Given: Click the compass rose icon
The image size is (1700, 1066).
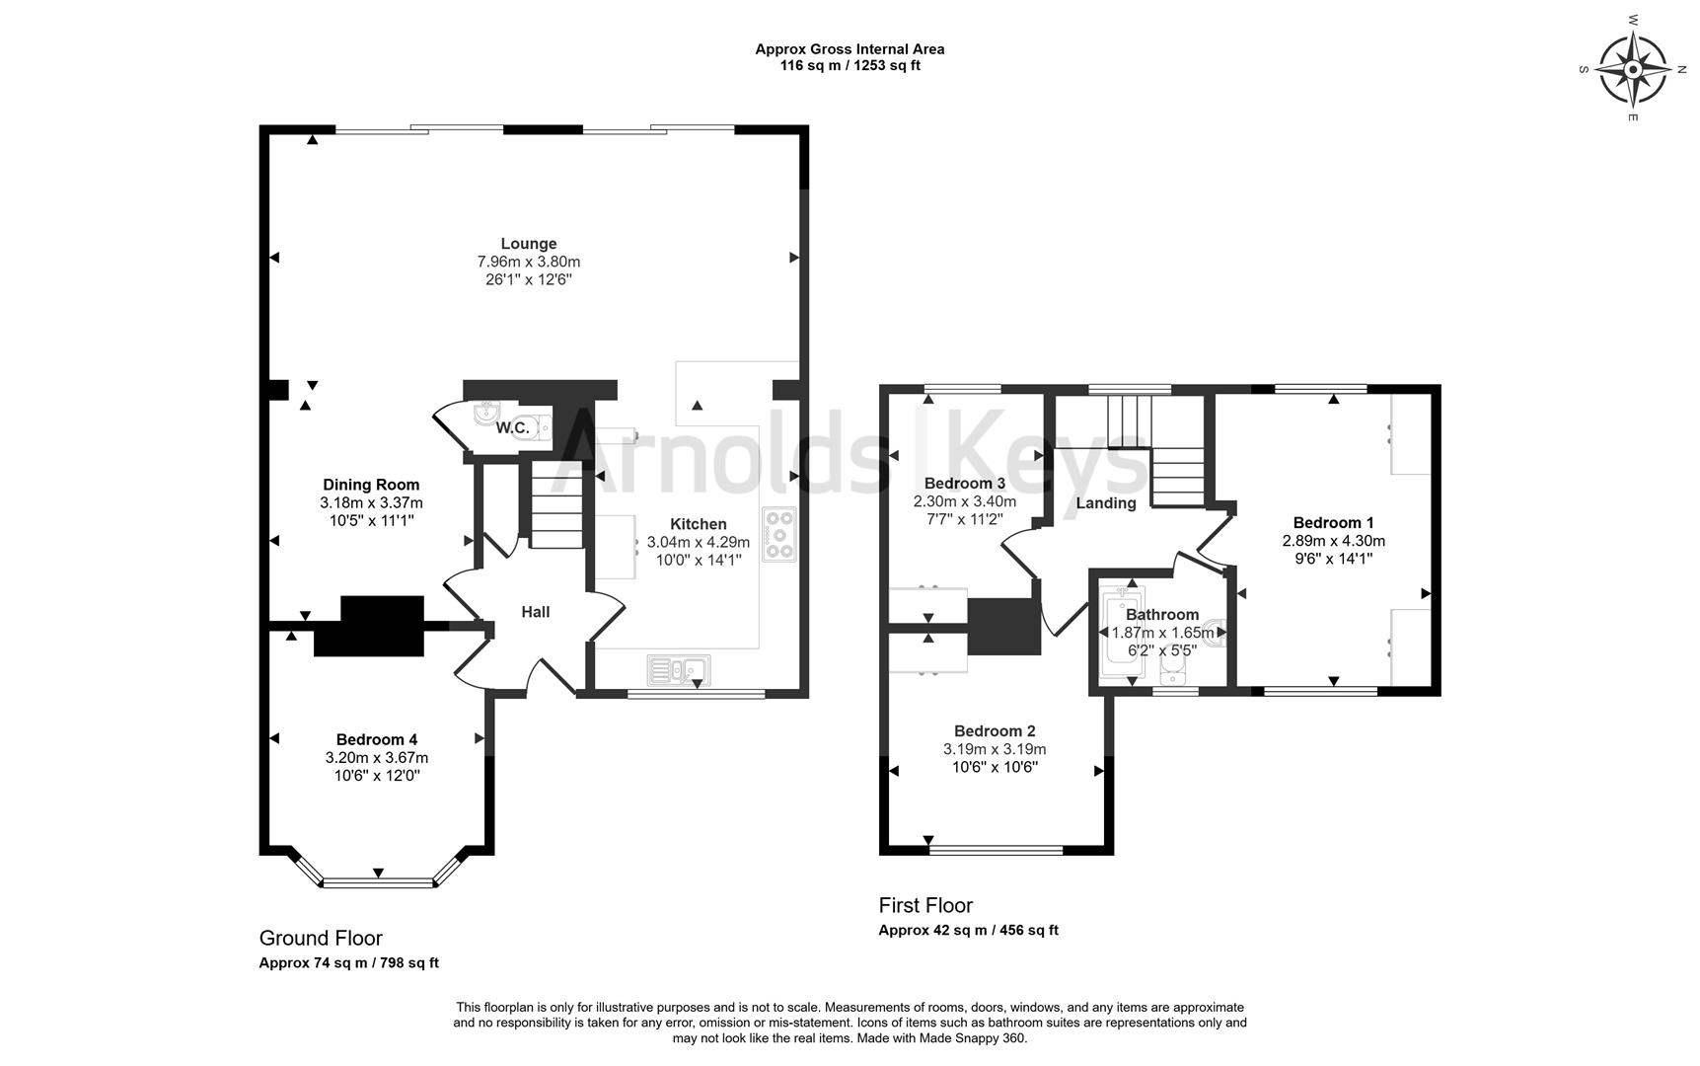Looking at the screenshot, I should coord(1633,70).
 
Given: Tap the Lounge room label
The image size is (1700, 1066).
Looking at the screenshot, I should coord(529,244).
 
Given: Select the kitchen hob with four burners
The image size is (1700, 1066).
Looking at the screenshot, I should coord(779,534).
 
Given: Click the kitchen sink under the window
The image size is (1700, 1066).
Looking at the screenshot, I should coord(679,670).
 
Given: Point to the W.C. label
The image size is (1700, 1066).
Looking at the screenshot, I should coord(513,427).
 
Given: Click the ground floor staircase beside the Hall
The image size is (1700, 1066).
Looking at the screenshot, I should coord(557,506).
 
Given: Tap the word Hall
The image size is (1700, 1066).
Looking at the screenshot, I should coord(536,612).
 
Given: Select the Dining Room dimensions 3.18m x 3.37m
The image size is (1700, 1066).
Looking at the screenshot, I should coord(371,502).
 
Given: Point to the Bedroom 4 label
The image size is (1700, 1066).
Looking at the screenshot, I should coord(377,739).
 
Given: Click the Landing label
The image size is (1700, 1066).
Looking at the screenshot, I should coord(1106,502).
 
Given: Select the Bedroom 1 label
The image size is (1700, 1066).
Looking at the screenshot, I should coord(1334,522).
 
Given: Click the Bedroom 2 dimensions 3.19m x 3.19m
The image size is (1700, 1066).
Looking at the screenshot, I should coord(995,749).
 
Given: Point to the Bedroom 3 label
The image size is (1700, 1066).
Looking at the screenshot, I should coord(965,483).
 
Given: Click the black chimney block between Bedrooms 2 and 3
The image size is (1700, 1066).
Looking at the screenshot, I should coord(1004,627).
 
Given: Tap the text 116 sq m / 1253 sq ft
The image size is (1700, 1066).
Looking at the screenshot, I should coord(850,66).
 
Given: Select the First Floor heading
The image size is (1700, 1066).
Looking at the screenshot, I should coord(925,905).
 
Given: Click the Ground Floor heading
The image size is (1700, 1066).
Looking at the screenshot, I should coord(321,938).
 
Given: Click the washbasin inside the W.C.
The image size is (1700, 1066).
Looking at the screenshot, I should coord(487,413).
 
